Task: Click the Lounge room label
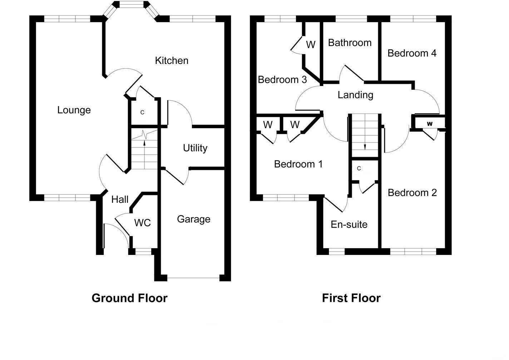tap(74, 111)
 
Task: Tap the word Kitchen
tap(172, 61)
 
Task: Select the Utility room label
tap(195, 148)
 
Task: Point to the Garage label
tap(194, 220)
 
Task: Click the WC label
tap(143, 223)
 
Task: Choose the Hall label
tap(120, 200)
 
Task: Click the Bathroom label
tap(350, 42)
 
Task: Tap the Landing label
tap(355, 95)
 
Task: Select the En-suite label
tap(349, 225)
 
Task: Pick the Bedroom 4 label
tap(412, 53)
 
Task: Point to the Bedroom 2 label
tap(412, 193)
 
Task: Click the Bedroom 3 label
tap(282, 80)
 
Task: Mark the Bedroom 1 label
tap(298, 164)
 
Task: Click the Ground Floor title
tap(129, 298)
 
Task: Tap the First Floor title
tap(351, 298)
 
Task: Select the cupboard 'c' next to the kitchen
tap(142, 112)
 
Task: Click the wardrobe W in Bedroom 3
tap(311, 45)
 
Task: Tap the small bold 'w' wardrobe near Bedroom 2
tap(430, 124)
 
